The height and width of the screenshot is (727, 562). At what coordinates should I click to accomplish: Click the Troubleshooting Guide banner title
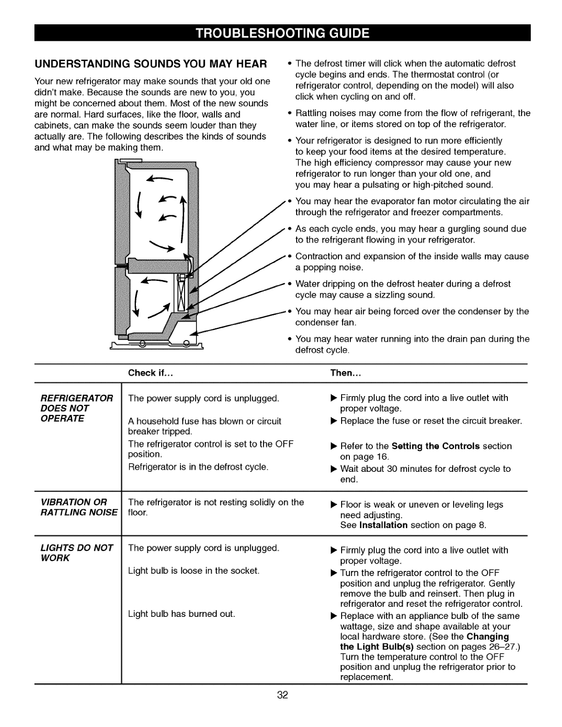(x=282, y=33)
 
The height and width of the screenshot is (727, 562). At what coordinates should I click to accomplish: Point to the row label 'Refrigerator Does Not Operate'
(x=73, y=408)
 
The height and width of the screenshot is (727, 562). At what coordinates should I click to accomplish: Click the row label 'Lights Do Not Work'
(x=73, y=553)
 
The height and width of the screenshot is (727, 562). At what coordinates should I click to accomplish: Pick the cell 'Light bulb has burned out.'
(x=181, y=614)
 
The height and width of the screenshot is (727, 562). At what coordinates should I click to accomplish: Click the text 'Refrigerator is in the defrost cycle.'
(x=198, y=467)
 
